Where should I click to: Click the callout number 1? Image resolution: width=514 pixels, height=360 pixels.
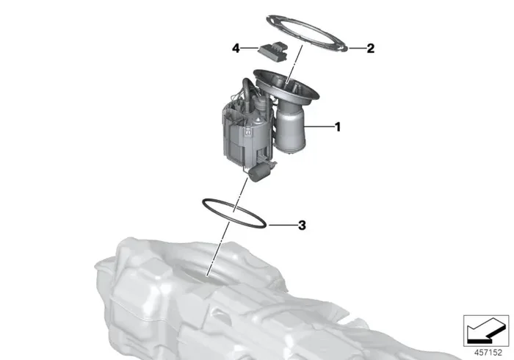pos(337,126)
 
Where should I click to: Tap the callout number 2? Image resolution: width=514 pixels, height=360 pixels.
pos(370,48)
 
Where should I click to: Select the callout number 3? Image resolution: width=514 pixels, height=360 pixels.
pos(302,226)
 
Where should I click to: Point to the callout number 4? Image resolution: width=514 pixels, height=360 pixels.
pos(236,48)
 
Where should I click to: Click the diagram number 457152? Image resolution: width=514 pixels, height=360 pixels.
pos(488,353)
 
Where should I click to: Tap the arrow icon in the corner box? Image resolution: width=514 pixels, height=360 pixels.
pos(485,331)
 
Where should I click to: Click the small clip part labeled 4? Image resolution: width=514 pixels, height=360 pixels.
pos(273,51)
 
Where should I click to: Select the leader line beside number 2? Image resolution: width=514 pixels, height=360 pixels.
pos(357,48)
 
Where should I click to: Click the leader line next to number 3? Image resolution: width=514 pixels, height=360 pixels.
pos(283,226)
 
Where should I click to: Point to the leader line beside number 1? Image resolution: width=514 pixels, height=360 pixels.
pos(318,126)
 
